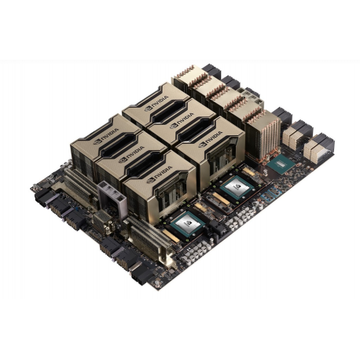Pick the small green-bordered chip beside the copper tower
coord(281,163)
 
